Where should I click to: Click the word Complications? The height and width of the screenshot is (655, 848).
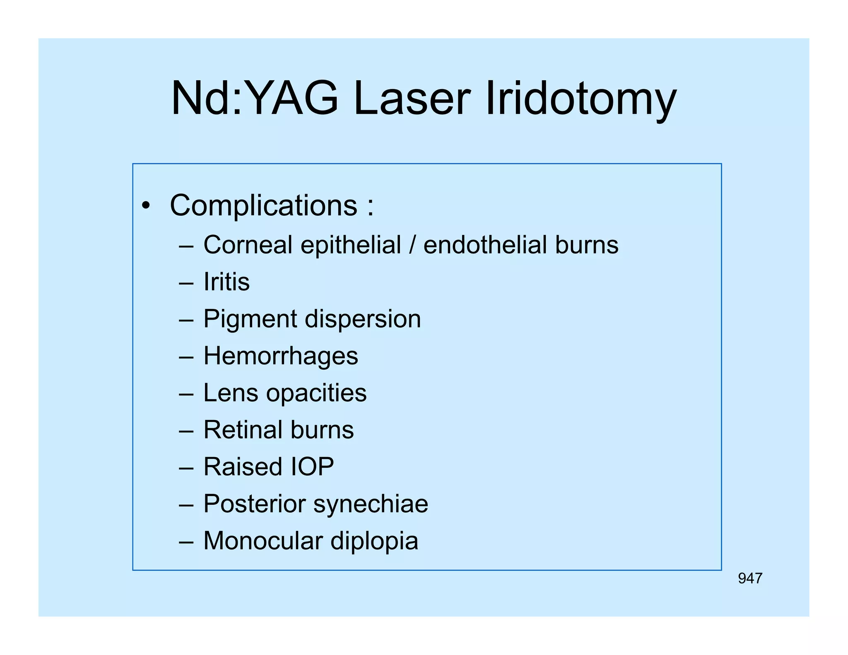point(263,205)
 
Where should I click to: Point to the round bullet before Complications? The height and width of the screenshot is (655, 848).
point(145,206)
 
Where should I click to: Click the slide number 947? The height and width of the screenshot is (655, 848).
point(750,578)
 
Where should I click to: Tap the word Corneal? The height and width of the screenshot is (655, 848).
point(248,245)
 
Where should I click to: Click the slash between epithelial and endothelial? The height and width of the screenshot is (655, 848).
point(412,245)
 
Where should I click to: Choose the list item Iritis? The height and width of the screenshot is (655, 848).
point(226,282)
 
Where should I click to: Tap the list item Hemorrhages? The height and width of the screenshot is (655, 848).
point(280,356)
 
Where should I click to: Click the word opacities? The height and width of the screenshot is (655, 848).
point(316,393)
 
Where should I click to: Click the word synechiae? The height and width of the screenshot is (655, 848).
point(371,505)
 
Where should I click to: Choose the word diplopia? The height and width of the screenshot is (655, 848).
point(374,542)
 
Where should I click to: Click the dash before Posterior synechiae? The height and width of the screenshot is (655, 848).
point(186,505)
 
